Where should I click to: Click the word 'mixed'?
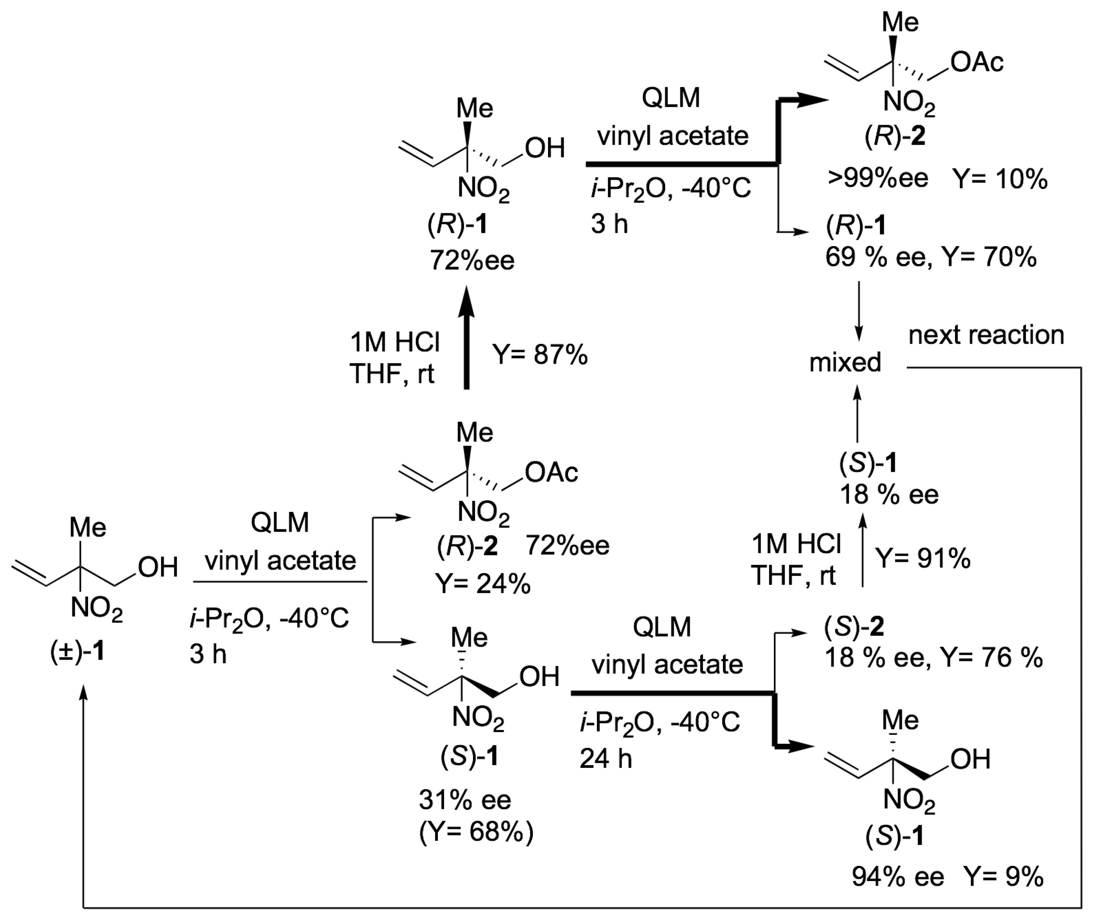[x=845, y=362]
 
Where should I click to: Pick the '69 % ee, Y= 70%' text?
[x=931, y=258]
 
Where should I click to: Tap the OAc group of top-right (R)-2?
[x=977, y=62]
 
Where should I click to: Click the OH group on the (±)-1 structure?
[x=158, y=567]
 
